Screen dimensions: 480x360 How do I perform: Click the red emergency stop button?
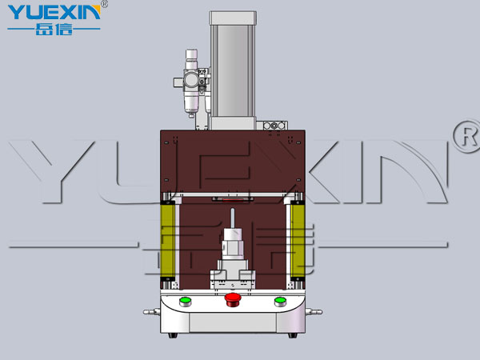[233, 299]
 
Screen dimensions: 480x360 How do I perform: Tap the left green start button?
[186, 302]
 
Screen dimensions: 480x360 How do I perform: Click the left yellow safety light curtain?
[167, 241]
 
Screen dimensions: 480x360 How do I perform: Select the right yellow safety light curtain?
[298, 241]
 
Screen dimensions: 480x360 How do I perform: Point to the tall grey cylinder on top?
[233, 70]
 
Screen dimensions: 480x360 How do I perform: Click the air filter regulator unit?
[192, 82]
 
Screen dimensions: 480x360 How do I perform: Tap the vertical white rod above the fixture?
[233, 218]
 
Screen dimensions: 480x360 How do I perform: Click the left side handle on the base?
[151, 312]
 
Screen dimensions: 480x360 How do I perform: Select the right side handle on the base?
[314, 312]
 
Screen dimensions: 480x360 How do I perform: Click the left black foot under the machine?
[173, 335]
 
